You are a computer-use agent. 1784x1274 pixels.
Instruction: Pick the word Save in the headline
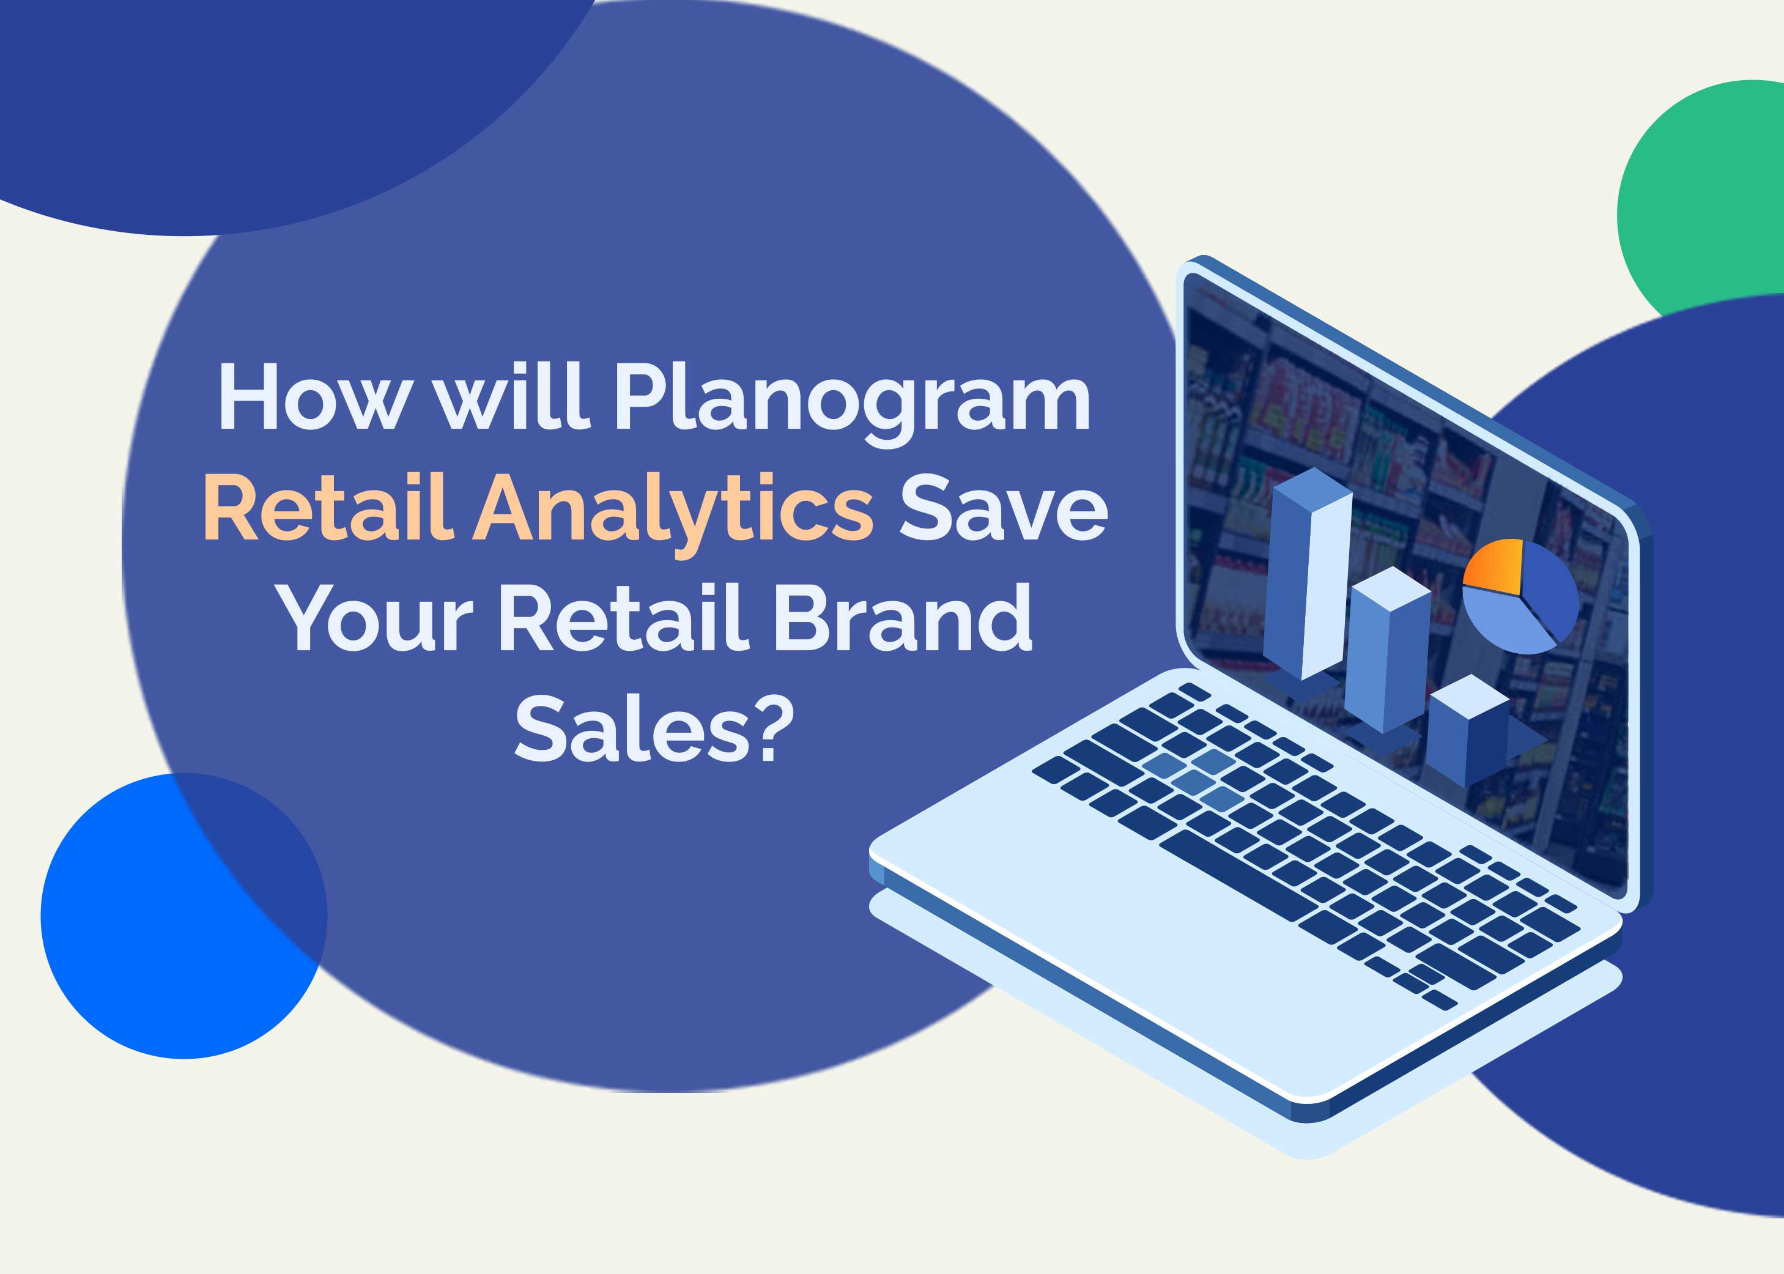[1002, 508]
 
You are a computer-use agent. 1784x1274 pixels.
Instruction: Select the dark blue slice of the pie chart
[1547, 588]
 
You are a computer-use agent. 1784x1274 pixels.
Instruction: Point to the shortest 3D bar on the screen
[1465, 730]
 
